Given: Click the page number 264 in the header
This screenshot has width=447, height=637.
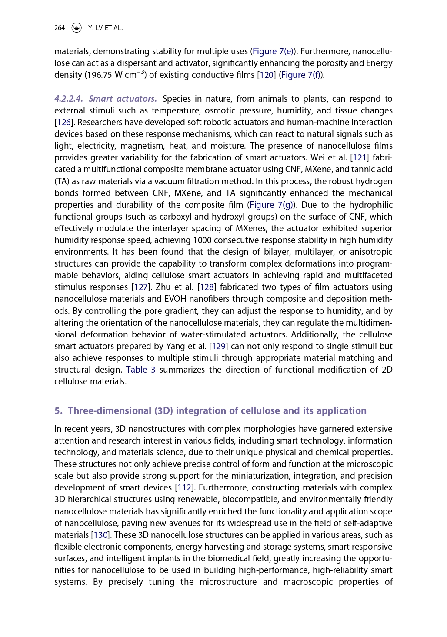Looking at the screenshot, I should pos(60,28).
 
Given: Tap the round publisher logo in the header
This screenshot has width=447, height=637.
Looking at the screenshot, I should pos(77,28).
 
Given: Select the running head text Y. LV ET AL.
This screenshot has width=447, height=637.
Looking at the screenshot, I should pos(105,28).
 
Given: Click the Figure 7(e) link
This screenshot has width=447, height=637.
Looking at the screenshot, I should pos(274,52).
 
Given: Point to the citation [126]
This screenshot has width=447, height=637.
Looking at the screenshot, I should pos(63,123).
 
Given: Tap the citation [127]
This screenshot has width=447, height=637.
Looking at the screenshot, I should pos(141,287).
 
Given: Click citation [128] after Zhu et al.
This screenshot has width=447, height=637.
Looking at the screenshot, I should pos(207,287).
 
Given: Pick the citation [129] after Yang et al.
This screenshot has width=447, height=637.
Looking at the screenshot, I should pos(218,347).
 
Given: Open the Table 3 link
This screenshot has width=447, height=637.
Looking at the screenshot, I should pos(140,370).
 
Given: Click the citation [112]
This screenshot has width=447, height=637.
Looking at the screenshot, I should pos(184,488).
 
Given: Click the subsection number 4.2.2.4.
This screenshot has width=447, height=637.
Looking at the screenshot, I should pos(68,99).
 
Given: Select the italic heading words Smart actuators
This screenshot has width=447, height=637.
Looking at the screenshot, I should pos(123,99).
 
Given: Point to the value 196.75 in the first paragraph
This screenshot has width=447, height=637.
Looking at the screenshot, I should pos(99,75).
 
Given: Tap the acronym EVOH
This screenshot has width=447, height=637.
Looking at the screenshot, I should pos(176,299).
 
